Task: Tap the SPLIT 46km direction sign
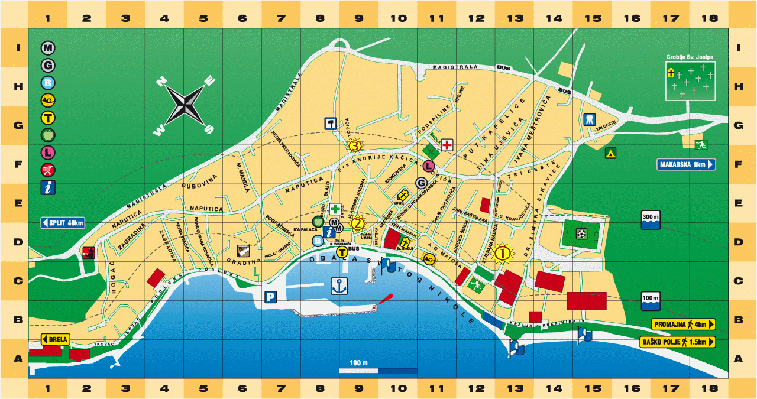(63, 223)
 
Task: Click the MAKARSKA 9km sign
(686, 164)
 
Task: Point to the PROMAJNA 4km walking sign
(683, 324)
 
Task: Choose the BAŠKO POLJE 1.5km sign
(678, 342)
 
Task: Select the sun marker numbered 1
(503, 253)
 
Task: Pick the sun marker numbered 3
(354, 145)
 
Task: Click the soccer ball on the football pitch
(581, 234)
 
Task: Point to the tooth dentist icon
(588, 119)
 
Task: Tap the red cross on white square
(448, 145)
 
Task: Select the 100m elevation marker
(650, 300)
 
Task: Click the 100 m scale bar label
(358, 362)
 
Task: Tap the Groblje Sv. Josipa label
(690, 57)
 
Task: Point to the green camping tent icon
(609, 153)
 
